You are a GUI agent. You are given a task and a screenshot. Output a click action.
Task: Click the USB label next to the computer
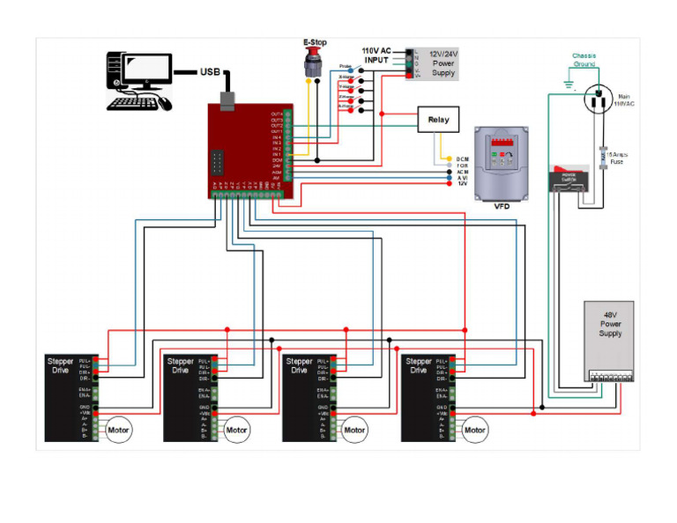pyautogui.click(x=211, y=72)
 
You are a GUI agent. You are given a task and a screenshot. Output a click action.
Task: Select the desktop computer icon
pyautogui.click(x=138, y=80)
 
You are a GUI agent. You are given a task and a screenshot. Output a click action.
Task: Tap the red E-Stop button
pyautogui.click(x=311, y=62)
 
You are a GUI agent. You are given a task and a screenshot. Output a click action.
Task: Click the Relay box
pyautogui.click(x=437, y=119)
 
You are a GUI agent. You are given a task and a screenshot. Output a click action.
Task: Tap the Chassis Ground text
pyautogui.click(x=584, y=60)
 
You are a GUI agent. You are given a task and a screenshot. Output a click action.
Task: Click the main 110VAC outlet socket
pyautogui.click(x=599, y=99)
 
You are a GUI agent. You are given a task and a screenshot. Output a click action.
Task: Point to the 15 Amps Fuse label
pyautogui.click(x=617, y=158)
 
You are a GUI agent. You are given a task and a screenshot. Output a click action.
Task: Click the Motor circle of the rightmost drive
pyautogui.click(x=474, y=431)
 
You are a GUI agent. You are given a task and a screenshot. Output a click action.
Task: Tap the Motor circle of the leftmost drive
pyautogui.click(x=119, y=431)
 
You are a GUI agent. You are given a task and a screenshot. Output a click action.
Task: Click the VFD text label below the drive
pyautogui.click(x=502, y=206)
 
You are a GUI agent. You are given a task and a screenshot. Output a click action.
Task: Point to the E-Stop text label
pyautogui.click(x=315, y=42)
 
